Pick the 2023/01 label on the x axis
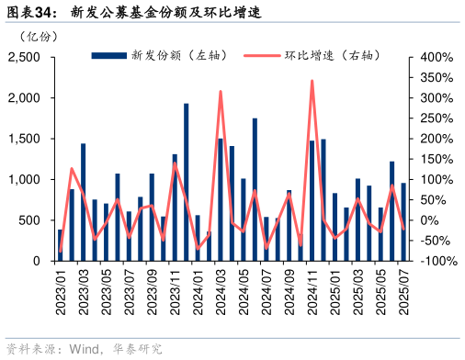[61, 289]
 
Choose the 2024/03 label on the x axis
[221, 289]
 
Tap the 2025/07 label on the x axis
[403, 289]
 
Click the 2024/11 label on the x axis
[312, 289]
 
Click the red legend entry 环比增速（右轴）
[302, 56]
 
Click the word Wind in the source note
[83, 349]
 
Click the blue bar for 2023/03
[84, 202]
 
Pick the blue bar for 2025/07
[403, 221]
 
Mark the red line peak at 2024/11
[312, 81]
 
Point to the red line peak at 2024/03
[221, 91]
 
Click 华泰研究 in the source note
[137, 349]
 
